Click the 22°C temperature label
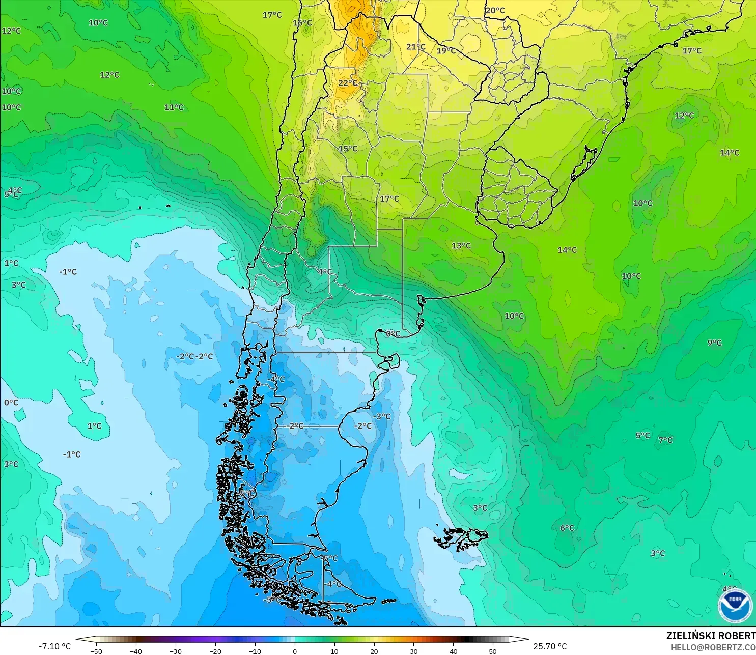tap(348, 83)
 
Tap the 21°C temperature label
tap(415, 47)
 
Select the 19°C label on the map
tap(446, 50)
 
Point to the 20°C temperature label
tap(495, 10)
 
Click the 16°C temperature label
tap(302, 23)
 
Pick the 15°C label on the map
tap(348, 149)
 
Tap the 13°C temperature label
tap(461, 246)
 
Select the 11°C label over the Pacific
tap(174, 107)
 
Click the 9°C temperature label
tap(714, 343)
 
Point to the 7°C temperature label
tap(665, 440)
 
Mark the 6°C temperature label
tap(567, 528)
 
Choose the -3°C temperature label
tap(382, 416)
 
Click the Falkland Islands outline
tap(461, 538)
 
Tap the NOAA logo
tap(735, 605)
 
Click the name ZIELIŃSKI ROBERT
tap(711, 636)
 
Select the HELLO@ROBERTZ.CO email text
tap(713, 647)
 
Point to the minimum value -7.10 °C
tap(55, 646)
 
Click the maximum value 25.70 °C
tap(550, 646)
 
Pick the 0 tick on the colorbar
tap(295, 651)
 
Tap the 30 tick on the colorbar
tap(413, 651)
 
